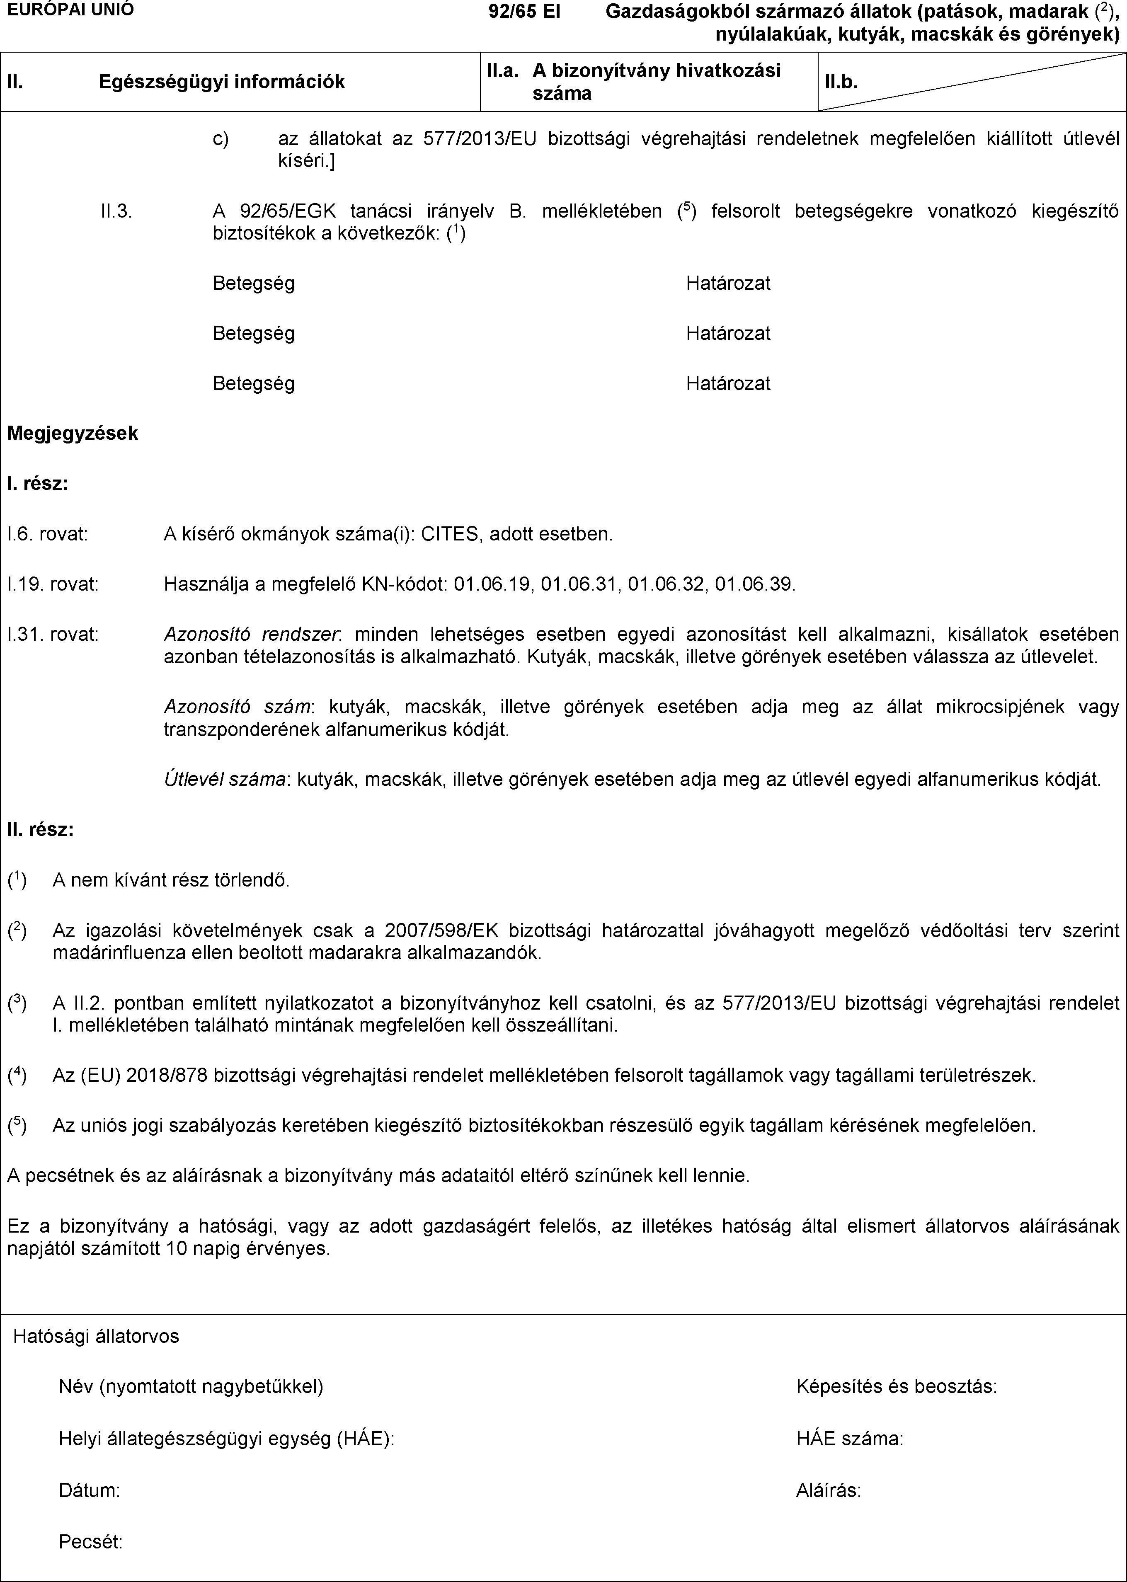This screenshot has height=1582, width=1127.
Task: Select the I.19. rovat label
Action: [x=53, y=584]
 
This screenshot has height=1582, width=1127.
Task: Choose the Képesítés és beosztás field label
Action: [x=897, y=1387]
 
